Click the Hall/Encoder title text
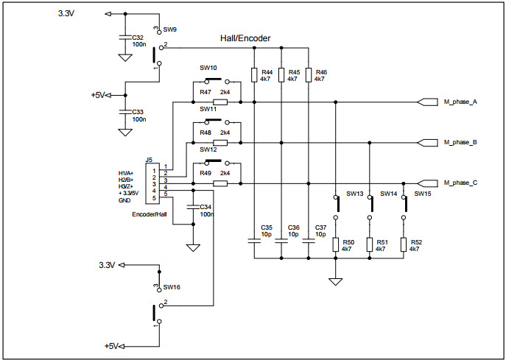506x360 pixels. (245, 38)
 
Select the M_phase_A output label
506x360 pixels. (460, 102)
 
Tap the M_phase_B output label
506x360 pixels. (460, 142)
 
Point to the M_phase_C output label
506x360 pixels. (460, 183)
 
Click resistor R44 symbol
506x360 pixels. (254, 74)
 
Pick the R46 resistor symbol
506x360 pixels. (308, 74)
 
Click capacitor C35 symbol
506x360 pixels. (254, 240)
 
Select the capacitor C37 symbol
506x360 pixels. (308, 240)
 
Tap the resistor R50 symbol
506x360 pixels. (336, 245)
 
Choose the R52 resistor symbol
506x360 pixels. (404, 245)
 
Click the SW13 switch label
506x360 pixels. (355, 194)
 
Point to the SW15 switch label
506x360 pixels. (423, 194)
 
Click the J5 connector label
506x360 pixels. (149, 160)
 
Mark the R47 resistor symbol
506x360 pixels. (220, 102)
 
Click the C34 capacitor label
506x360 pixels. (206, 207)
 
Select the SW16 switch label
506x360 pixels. (171, 287)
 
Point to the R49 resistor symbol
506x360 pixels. (220, 183)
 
